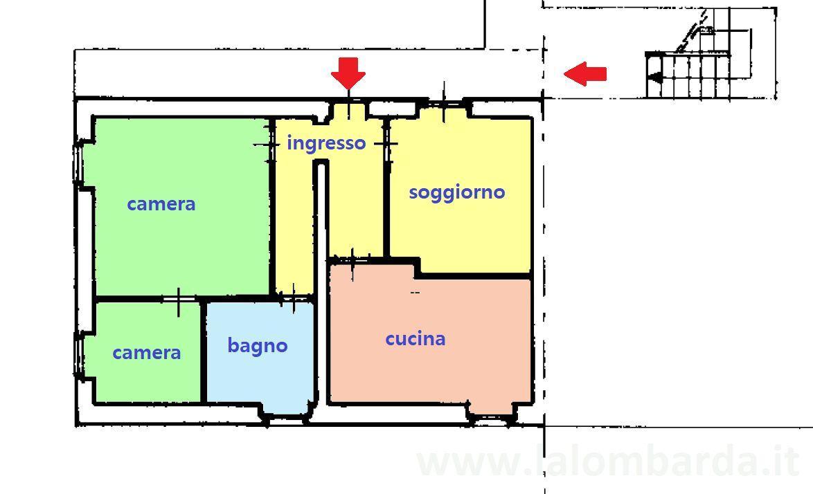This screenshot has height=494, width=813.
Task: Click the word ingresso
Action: [x=326, y=143]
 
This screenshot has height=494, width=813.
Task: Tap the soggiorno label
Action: [x=457, y=192]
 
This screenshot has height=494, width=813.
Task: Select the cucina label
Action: [x=416, y=338]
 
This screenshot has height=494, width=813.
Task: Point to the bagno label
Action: [x=258, y=345]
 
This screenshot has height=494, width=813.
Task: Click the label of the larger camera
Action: [x=161, y=204]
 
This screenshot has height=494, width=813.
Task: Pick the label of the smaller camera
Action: [x=147, y=353]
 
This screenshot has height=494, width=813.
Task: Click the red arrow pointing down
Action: [x=348, y=73]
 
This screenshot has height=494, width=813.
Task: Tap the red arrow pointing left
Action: [x=585, y=73]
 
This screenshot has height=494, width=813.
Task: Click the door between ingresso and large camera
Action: [x=271, y=143]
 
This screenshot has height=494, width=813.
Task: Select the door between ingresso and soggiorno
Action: [x=386, y=143]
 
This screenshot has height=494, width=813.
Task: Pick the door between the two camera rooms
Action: [x=179, y=300]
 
